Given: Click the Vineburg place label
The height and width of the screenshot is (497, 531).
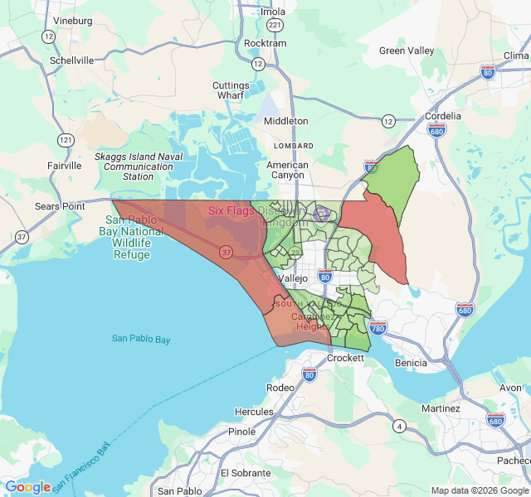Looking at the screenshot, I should click(72, 20).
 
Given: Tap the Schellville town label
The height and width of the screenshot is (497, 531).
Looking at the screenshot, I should click(72, 60).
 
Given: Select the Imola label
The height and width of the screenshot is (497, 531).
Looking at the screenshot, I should click(273, 12).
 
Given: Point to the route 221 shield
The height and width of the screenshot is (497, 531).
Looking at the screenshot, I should click(275, 26).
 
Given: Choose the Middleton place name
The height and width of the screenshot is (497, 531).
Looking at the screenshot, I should click(285, 121).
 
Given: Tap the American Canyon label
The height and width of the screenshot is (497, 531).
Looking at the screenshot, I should click(287, 171).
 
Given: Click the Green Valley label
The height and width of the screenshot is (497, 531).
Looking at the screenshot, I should click(407, 51).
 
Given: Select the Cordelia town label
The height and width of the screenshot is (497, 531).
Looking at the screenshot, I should click(442, 116).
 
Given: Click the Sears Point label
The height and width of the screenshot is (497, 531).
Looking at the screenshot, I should click(60, 205).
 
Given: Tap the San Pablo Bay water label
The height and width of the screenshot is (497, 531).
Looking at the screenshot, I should click(141, 339).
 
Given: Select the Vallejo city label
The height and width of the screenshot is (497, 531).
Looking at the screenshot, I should click(294, 279).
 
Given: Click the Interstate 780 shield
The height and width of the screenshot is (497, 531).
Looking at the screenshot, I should click(378, 329).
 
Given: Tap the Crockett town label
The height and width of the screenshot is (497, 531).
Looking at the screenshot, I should click(345, 358).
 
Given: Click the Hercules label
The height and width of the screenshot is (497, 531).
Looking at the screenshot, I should click(254, 411).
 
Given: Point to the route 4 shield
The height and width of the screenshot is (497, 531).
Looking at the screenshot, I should click(400, 427).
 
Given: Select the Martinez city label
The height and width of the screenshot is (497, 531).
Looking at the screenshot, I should click(441, 408).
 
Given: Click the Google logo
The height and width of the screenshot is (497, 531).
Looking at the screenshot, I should click(27, 487).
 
